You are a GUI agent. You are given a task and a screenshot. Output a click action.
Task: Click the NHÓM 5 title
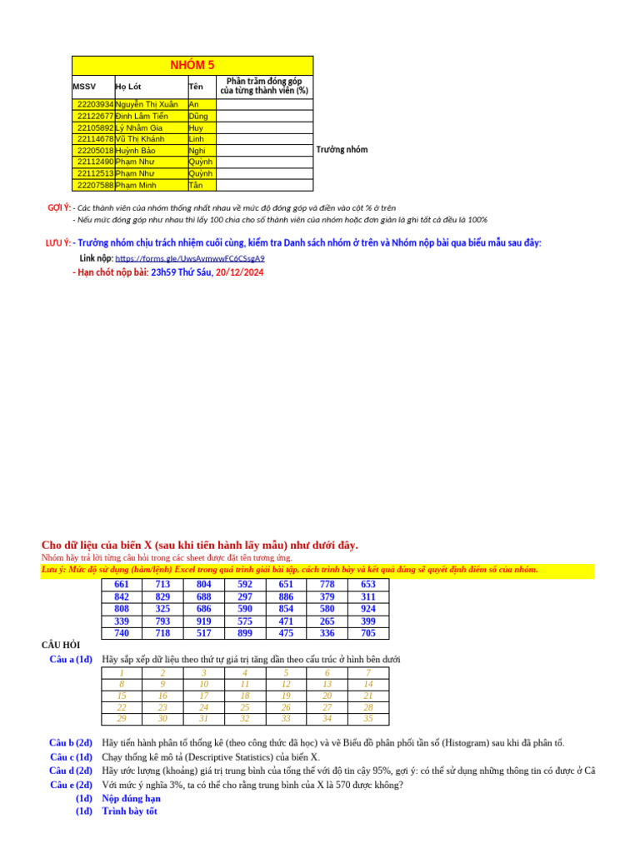pos(192,65)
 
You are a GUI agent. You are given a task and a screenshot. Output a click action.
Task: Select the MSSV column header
pos(84,87)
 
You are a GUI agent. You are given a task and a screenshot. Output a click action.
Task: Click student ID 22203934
pos(95,105)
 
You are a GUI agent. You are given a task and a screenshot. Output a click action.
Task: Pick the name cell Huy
pos(196,128)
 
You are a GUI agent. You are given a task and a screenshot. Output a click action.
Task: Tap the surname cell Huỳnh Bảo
pos(136,151)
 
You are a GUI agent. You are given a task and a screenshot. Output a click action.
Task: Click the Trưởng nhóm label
pos(342,150)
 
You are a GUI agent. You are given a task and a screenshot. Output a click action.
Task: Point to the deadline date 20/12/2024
pos(239,272)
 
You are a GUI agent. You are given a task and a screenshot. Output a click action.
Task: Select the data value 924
pos(367,609)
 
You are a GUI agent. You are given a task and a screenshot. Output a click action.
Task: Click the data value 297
pos(245,597)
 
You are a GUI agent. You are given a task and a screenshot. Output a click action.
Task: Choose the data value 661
pos(122,585)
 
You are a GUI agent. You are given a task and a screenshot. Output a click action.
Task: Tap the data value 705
pos(367,633)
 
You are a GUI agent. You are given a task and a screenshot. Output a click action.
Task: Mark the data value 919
pos(203,621)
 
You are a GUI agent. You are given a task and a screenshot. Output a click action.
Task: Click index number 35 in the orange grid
pos(368,719)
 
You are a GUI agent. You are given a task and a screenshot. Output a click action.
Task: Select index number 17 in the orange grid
pos(203,696)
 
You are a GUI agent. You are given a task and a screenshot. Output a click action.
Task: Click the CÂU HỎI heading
pos(61,645)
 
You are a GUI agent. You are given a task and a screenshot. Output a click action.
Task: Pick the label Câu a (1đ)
pos(71,660)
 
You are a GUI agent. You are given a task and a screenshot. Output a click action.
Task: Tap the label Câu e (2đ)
pos(71,785)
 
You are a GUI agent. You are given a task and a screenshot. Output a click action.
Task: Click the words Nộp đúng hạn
pos(131,798)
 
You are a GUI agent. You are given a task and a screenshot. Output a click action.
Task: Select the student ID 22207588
pos(95,186)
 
